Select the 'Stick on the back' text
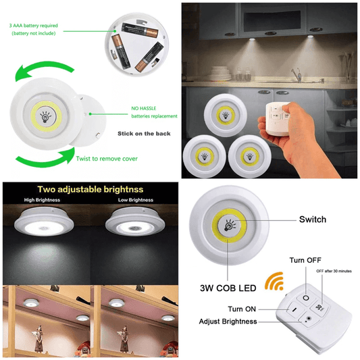coord(144,133)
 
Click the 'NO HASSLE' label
coord(145,107)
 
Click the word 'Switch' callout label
coord(312,220)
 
